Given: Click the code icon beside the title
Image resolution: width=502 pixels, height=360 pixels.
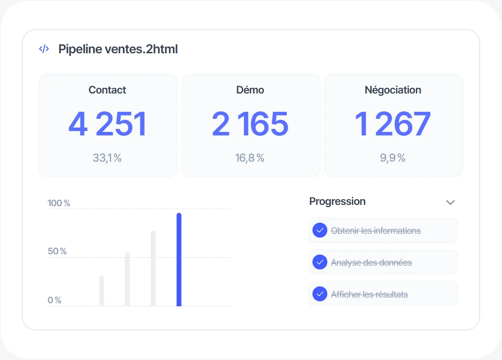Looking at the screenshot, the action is pos(44,49).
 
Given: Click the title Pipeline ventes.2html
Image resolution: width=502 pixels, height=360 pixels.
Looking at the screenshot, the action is pos(118,49).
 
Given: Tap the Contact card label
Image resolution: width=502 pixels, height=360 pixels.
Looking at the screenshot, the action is pos(107,90).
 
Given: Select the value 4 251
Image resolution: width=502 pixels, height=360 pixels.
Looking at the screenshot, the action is pos(108,124).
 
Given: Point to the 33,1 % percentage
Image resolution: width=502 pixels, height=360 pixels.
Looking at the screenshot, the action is pos(107,158).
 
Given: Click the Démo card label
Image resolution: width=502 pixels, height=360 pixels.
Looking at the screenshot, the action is pos(250,90).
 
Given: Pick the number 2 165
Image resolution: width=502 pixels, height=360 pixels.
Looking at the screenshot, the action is pos(250,124).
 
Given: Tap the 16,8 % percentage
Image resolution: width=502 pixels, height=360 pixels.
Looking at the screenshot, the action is pos(250,158).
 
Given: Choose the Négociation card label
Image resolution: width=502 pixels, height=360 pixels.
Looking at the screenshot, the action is pos(393,90).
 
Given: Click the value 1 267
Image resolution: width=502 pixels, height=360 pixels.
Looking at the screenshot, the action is pos(393,124).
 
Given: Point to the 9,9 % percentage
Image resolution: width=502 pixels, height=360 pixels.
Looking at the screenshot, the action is pos(393,158).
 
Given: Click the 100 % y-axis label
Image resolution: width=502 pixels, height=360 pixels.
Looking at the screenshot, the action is pos(59,203).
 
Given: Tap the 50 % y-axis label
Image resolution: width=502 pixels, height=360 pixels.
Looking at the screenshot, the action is pos(57,251).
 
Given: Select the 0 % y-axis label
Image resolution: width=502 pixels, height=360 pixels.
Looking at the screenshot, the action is pos(54,300).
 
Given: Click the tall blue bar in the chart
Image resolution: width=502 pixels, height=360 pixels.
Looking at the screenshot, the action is pos(179,260).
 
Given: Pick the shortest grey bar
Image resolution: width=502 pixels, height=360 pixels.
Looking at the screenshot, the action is pos(101,291).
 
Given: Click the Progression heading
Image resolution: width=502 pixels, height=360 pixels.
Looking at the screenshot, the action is pos(338,201).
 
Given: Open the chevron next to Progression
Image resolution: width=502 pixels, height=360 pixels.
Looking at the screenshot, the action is pos(450,202).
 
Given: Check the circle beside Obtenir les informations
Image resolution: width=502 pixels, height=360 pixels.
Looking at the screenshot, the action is pos(320,230).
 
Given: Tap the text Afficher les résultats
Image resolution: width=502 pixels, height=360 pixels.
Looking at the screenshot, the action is pos(370,294).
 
